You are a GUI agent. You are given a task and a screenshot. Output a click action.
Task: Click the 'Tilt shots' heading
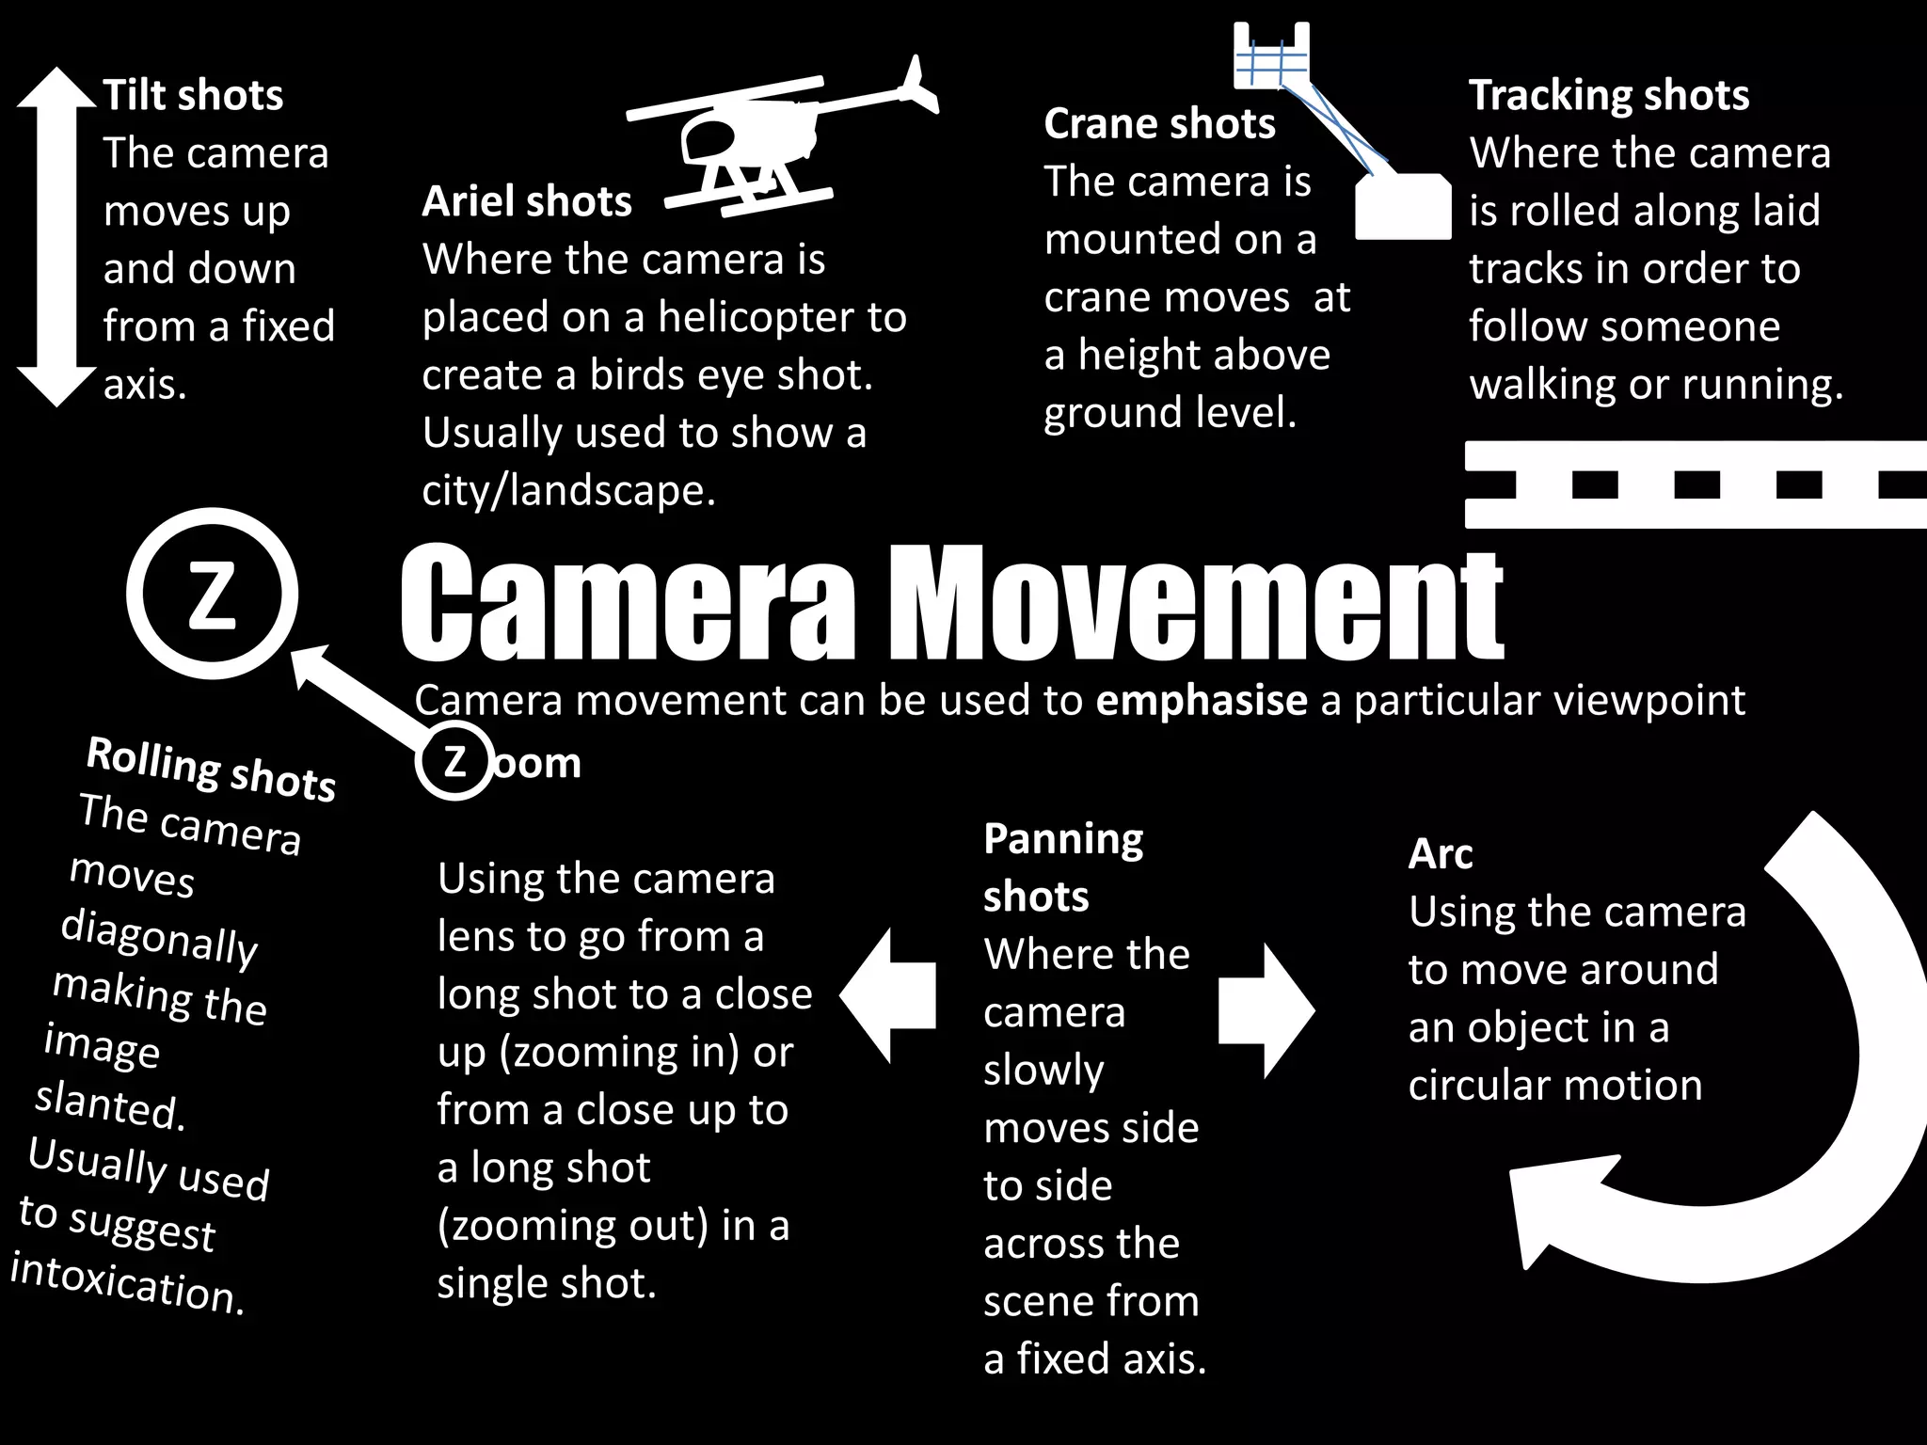pyautogui.click(x=193, y=95)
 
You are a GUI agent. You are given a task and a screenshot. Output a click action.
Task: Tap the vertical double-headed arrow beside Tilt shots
pyautogui.click(x=56, y=235)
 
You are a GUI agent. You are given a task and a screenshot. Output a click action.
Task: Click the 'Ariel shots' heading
pyautogui.click(x=527, y=201)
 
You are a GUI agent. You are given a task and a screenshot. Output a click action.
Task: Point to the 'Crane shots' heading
pyautogui.click(x=1159, y=123)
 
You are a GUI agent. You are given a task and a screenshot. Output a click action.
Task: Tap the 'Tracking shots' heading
pyautogui.click(x=1609, y=95)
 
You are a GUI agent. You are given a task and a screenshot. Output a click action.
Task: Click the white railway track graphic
pyautogui.click(x=1694, y=484)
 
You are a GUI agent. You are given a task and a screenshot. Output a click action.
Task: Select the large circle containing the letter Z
pyautogui.click(x=212, y=594)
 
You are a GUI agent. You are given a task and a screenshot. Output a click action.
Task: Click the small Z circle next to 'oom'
pyautogui.click(x=454, y=760)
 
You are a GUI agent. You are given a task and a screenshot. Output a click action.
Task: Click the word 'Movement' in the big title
pyautogui.click(x=1195, y=602)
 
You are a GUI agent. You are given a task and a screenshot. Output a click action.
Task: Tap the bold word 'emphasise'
pyautogui.click(x=1202, y=700)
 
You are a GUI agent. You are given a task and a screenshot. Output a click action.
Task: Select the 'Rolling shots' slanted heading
pyautogui.click(x=211, y=769)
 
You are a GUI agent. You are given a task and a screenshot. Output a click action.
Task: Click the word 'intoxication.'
pyautogui.click(x=127, y=1283)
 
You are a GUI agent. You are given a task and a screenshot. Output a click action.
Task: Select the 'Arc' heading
pyautogui.click(x=1440, y=854)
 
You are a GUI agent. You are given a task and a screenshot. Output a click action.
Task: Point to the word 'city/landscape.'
pyautogui.click(x=568, y=490)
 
